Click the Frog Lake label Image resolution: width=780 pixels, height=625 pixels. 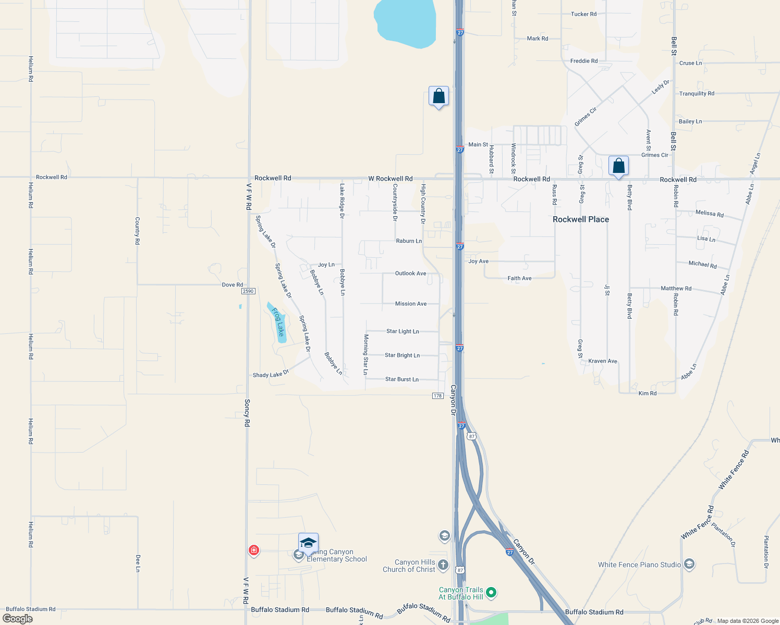[x=278, y=322]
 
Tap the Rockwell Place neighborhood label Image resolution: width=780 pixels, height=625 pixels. [x=581, y=219]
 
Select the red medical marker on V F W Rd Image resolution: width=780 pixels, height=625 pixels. [x=254, y=550]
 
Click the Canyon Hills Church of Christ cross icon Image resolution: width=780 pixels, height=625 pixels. [x=443, y=565]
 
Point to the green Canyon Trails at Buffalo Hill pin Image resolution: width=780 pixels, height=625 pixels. [x=491, y=593]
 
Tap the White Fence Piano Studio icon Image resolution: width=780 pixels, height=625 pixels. [x=689, y=564]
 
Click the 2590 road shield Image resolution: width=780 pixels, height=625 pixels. [x=248, y=291]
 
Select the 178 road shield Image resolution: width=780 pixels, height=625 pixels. [x=438, y=396]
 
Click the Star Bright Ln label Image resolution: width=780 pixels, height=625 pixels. [x=402, y=355]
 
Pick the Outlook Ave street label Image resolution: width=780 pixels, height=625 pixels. [x=410, y=273]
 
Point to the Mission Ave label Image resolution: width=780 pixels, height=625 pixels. [x=411, y=304]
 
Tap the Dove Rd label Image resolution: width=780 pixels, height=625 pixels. [x=233, y=285]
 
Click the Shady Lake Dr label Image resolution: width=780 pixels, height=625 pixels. [x=271, y=374]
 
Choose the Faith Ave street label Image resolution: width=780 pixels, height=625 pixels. [x=520, y=278]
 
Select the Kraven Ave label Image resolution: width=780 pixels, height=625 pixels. [x=603, y=361]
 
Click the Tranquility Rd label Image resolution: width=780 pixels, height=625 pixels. [x=697, y=94]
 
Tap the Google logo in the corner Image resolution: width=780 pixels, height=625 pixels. [x=18, y=618]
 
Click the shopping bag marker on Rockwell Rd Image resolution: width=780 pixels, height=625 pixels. [x=618, y=167]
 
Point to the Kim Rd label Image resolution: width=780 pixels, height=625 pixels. [x=648, y=393]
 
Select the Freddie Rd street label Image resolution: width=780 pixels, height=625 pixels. [x=584, y=61]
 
